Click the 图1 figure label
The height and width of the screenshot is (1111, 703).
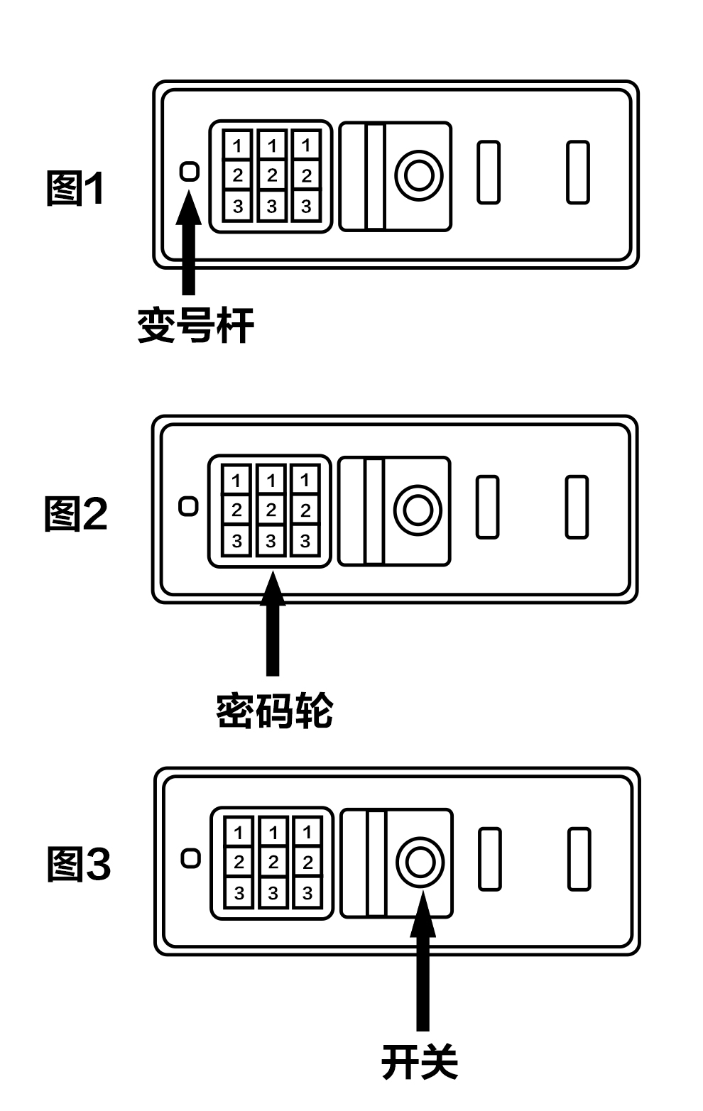click(75, 189)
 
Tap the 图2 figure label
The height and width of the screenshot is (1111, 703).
click(76, 514)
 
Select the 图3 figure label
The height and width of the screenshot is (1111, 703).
click(79, 865)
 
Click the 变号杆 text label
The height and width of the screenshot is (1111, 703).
click(195, 326)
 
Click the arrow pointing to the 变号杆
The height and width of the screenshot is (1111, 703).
click(188, 241)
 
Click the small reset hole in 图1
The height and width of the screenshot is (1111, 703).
click(190, 171)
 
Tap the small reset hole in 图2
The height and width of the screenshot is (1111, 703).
click(188, 506)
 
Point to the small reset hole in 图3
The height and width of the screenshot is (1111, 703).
click(190, 858)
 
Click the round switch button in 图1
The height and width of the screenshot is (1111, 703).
click(419, 175)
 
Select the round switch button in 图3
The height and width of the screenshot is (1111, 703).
click(420, 862)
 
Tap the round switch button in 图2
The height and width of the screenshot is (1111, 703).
click(418, 510)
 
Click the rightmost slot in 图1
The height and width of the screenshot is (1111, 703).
click(577, 173)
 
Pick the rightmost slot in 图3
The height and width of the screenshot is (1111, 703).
click(579, 859)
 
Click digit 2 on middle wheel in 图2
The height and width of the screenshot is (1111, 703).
click(271, 510)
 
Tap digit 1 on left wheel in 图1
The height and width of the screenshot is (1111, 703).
click(237, 146)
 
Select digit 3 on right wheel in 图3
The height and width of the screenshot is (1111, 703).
click(307, 893)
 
